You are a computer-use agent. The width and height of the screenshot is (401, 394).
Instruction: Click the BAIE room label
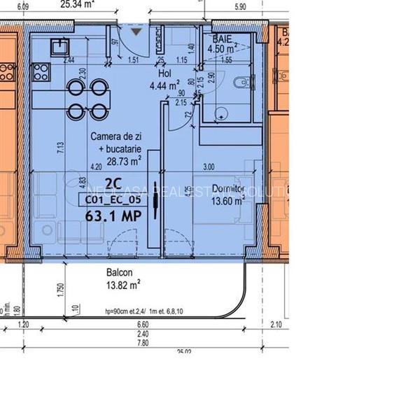click(x=223, y=40)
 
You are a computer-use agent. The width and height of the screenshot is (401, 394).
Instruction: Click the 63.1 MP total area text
click(x=109, y=216)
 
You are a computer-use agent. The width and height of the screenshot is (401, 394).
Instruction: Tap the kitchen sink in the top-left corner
click(x=58, y=46)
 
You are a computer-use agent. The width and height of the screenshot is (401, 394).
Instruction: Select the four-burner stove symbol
click(x=39, y=71)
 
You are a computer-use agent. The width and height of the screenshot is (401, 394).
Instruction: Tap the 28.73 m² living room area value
click(x=124, y=160)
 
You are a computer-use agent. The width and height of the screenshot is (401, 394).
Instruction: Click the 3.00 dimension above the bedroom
click(x=209, y=167)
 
